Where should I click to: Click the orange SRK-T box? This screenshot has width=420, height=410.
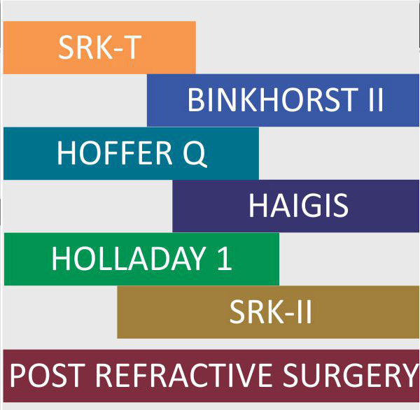point(99,48)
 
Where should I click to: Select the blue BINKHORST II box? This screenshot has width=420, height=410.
point(283,100)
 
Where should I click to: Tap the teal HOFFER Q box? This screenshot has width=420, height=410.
point(132,153)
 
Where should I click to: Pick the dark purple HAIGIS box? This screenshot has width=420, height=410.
point(296,206)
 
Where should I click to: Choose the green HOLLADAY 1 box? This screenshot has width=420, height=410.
point(141,259)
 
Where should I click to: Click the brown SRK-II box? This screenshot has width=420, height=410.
point(268,312)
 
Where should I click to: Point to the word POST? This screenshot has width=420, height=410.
point(45,375)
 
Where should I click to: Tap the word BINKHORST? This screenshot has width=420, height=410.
point(272,100)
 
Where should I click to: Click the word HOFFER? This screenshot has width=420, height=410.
point(115,153)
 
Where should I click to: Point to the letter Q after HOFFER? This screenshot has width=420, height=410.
point(195,154)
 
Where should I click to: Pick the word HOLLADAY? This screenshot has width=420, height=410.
point(129,259)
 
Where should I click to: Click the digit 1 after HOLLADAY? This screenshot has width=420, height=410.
point(225,259)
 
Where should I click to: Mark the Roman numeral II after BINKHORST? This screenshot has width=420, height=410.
point(376,100)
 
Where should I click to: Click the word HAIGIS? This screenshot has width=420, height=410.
point(298,206)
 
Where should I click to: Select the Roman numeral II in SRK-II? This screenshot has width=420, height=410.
point(304,312)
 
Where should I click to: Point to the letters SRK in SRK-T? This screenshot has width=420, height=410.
point(85,48)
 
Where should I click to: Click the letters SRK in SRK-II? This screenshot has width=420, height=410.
point(256,312)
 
